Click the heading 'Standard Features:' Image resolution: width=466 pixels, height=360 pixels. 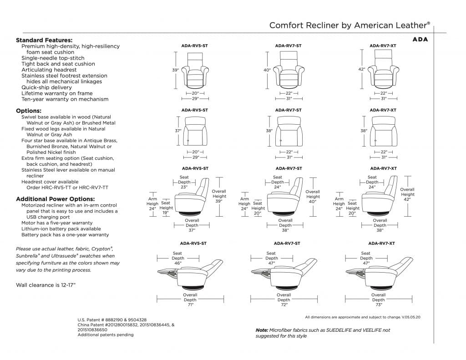tap(44, 40)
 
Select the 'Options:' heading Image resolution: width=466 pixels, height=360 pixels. tap(29, 111)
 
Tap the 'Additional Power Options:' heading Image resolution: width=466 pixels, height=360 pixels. tap(56, 199)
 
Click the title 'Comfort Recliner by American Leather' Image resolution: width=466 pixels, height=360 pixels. tap(349, 25)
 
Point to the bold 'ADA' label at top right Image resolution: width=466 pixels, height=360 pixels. tap(420, 39)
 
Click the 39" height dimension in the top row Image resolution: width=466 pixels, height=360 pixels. tap(176, 70)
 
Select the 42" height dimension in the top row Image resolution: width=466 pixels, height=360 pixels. tap(362, 69)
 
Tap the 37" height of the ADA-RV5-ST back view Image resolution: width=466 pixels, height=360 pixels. tap(178, 131)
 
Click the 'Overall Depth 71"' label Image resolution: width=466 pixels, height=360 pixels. tap(190, 300)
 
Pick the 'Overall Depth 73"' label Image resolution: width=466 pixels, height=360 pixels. tap(378, 300)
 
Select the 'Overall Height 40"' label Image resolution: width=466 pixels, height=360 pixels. tap(313, 197)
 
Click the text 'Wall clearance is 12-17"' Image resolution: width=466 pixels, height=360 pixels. tap(46, 285)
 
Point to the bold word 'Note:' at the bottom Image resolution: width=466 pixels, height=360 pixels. tap(262, 330)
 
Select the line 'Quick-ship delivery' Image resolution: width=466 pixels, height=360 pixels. tap(46, 87)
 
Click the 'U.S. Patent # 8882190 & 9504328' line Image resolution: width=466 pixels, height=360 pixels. tap(112, 320)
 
